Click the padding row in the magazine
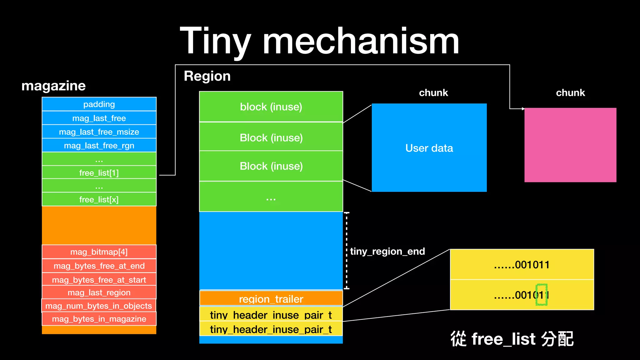click(x=99, y=104)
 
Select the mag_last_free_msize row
click(x=99, y=132)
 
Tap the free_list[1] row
click(x=99, y=172)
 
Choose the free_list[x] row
click(x=99, y=199)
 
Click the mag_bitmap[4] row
click(x=99, y=252)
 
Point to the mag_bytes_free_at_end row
click(x=99, y=266)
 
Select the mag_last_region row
click(x=99, y=292)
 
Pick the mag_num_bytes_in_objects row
click(x=99, y=306)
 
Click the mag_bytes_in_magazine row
click(x=99, y=319)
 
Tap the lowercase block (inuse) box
click(x=271, y=107)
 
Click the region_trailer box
click(x=271, y=299)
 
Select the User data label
click(x=429, y=148)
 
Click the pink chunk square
click(x=570, y=145)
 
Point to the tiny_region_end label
click(x=387, y=251)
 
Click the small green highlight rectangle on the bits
click(x=542, y=295)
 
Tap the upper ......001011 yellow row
click(x=522, y=265)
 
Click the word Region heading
click(x=207, y=76)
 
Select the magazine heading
click(x=53, y=86)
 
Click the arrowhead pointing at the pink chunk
click(x=523, y=109)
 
